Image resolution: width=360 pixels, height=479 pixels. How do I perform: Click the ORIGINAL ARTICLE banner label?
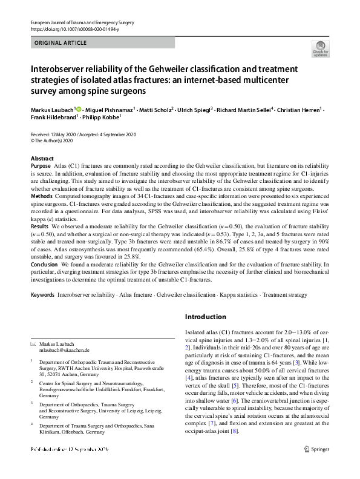[61, 43]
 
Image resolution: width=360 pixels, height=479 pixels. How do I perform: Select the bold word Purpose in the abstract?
[41, 165]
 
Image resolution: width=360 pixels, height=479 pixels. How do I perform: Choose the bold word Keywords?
[42, 294]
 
